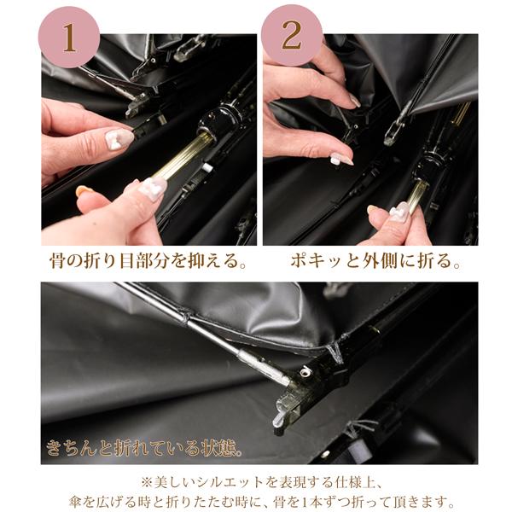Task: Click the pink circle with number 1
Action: (x=69, y=38)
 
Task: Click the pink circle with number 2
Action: (x=291, y=35)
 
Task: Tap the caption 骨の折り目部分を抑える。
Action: (x=148, y=260)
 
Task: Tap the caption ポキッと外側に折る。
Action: (x=375, y=260)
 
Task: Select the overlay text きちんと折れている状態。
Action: (x=145, y=447)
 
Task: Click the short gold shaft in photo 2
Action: (x=417, y=195)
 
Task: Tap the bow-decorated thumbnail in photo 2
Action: (x=399, y=212)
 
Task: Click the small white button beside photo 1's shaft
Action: (x=207, y=168)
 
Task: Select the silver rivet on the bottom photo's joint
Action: (x=306, y=371)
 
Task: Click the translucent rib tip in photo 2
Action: (x=391, y=132)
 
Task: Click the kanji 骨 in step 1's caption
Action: (x=58, y=260)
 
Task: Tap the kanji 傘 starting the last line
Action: (x=77, y=500)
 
